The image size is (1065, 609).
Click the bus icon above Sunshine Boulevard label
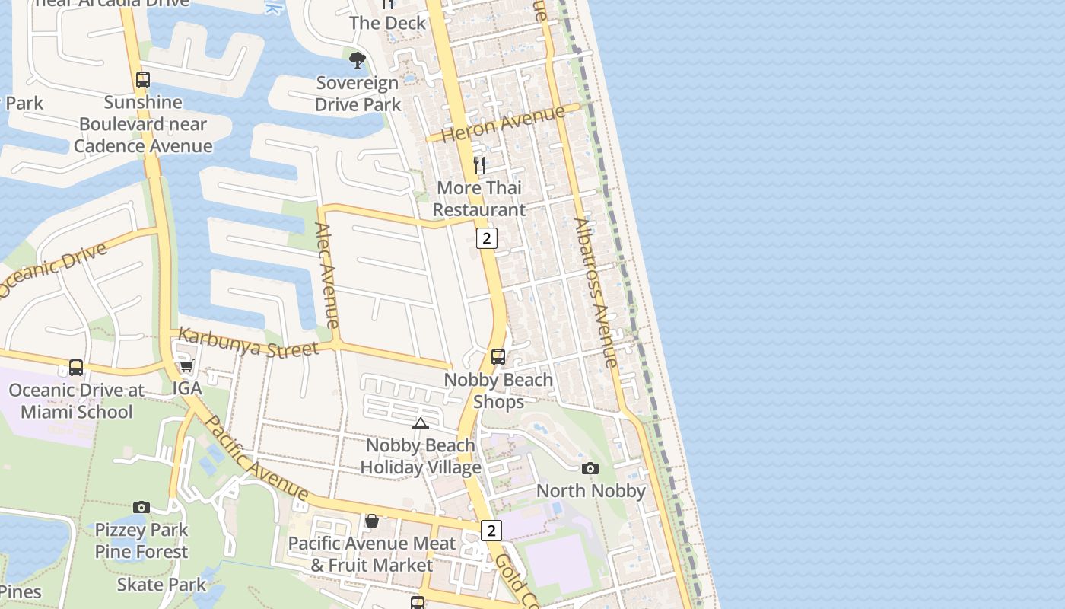142,79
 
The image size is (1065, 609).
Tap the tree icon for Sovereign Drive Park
357,59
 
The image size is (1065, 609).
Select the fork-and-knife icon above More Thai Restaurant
479,164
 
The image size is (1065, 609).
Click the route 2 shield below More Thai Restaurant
487,238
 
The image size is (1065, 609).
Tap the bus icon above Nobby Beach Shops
498,356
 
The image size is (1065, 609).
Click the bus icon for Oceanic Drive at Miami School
76,368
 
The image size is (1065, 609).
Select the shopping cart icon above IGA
186,366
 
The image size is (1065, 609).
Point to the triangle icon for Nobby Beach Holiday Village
421,423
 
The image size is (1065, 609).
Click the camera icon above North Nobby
590,468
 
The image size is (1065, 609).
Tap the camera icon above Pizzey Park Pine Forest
141,507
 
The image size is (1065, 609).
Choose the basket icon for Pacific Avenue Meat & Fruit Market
372,521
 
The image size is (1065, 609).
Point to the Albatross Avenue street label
596,293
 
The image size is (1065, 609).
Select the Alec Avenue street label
326,275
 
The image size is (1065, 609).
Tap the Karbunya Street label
248,343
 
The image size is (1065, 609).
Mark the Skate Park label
161,585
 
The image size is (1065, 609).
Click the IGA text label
187,388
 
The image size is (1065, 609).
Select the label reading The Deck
388,23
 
